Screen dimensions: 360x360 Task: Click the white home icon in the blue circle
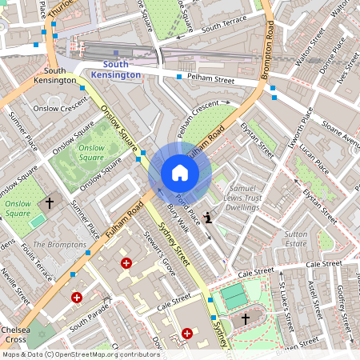tap(179, 173)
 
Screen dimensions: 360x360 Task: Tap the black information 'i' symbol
tap(208, 216)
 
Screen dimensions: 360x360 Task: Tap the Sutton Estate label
tap(296, 238)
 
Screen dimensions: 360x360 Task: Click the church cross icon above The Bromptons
tap(48, 203)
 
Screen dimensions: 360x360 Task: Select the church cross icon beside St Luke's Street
tap(246, 318)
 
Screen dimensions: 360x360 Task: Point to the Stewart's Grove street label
tap(157, 253)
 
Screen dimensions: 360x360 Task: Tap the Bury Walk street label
tap(178, 218)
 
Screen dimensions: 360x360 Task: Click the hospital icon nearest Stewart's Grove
tap(126, 263)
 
